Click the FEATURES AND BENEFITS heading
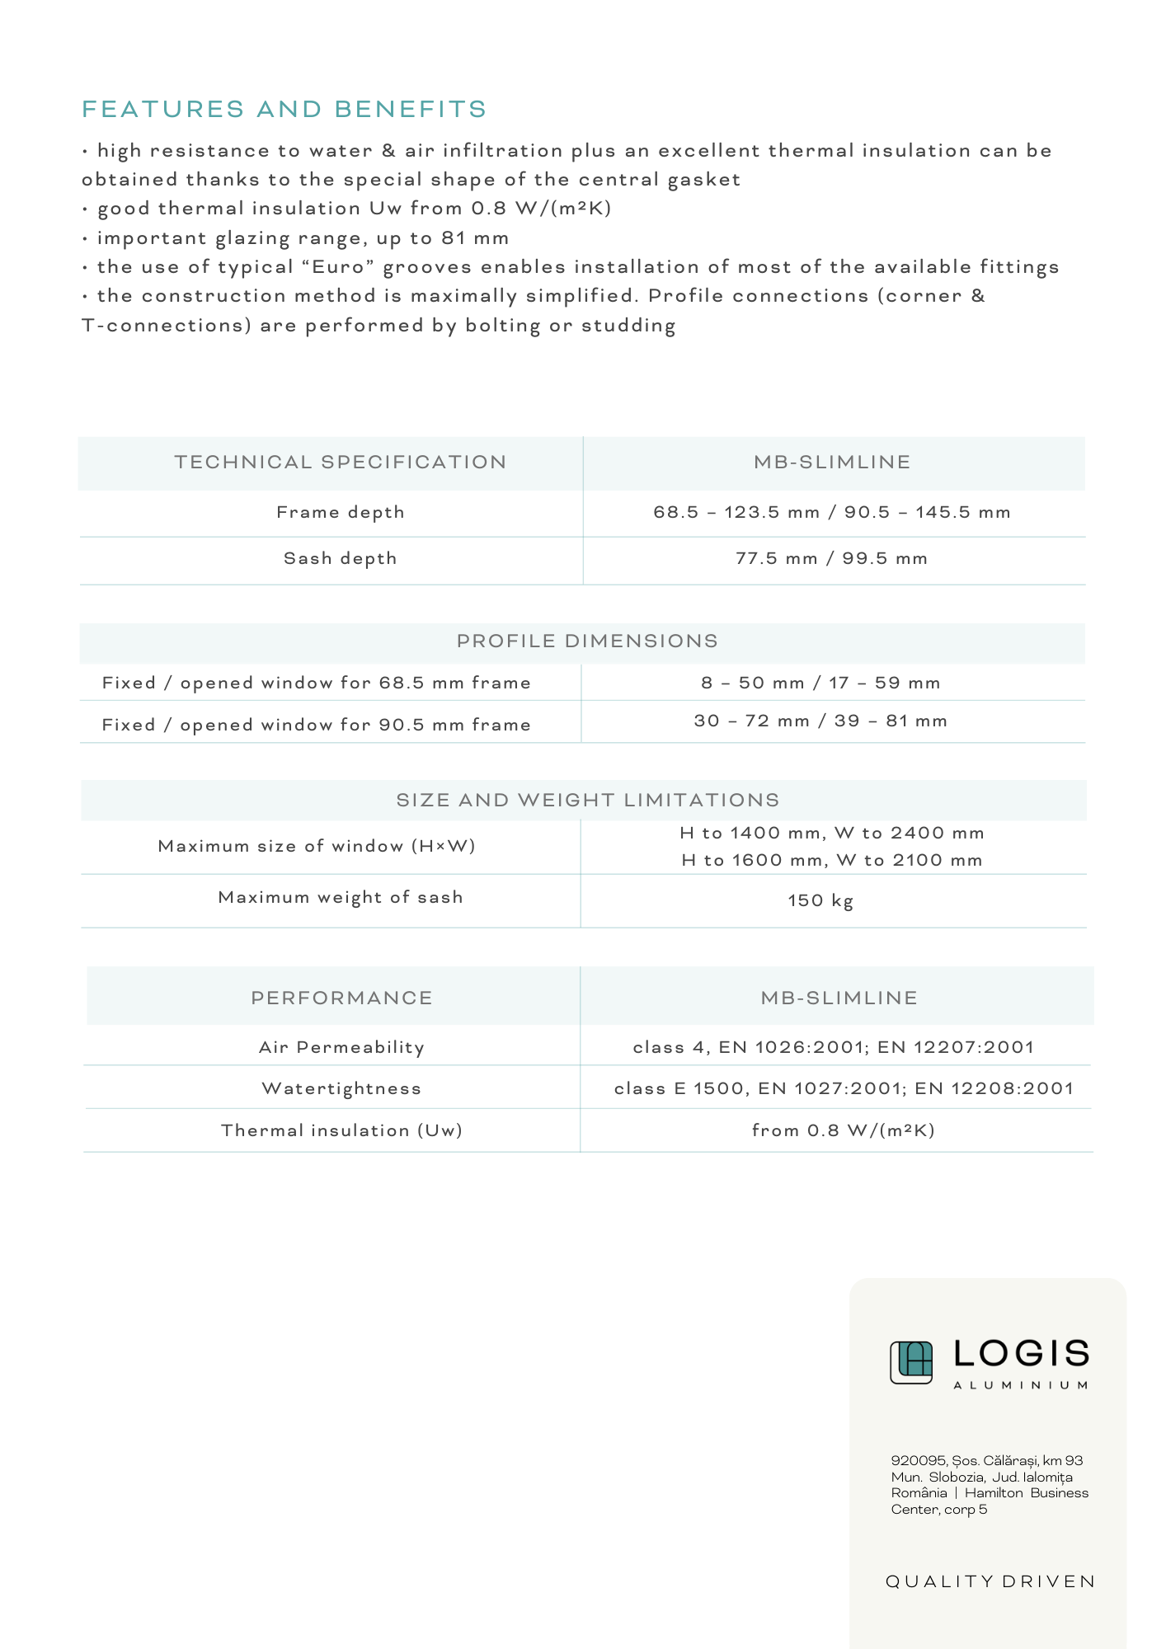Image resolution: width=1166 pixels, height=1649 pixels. (x=284, y=109)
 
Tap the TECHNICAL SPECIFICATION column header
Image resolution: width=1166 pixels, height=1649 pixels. (x=340, y=462)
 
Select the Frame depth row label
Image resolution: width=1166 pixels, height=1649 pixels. (x=340, y=512)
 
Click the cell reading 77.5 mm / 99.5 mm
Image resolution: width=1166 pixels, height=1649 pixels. (x=831, y=558)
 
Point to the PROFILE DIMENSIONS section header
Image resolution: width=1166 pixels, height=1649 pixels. (x=587, y=641)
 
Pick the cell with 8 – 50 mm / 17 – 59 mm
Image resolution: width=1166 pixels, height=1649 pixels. (x=820, y=683)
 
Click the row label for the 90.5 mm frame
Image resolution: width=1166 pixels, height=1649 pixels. (x=316, y=725)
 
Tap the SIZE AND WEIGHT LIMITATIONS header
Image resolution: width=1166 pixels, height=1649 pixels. (x=587, y=800)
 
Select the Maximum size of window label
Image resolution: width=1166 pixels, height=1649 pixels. (x=317, y=846)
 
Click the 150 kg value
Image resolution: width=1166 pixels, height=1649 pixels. (x=820, y=900)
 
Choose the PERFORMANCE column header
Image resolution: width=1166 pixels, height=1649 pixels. (x=341, y=998)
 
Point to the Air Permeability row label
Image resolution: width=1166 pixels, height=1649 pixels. (x=341, y=1047)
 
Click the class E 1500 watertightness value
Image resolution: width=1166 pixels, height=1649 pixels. (x=844, y=1088)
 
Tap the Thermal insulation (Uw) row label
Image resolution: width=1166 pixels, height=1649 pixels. (x=341, y=1130)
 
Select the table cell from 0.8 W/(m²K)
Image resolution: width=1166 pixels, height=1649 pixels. (x=844, y=1130)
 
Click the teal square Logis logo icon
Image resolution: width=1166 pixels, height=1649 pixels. (x=911, y=1362)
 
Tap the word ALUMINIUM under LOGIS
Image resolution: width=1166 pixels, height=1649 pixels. (x=1021, y=1385)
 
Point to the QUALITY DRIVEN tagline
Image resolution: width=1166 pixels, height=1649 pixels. (x=990, y=1581)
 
